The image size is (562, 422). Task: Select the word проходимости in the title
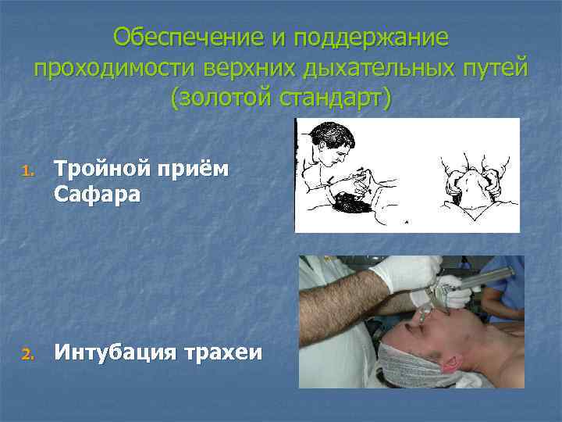[x=114, y=68]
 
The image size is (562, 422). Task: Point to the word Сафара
[x=97, y=195]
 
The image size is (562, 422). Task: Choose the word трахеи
[x=223, y=354]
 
